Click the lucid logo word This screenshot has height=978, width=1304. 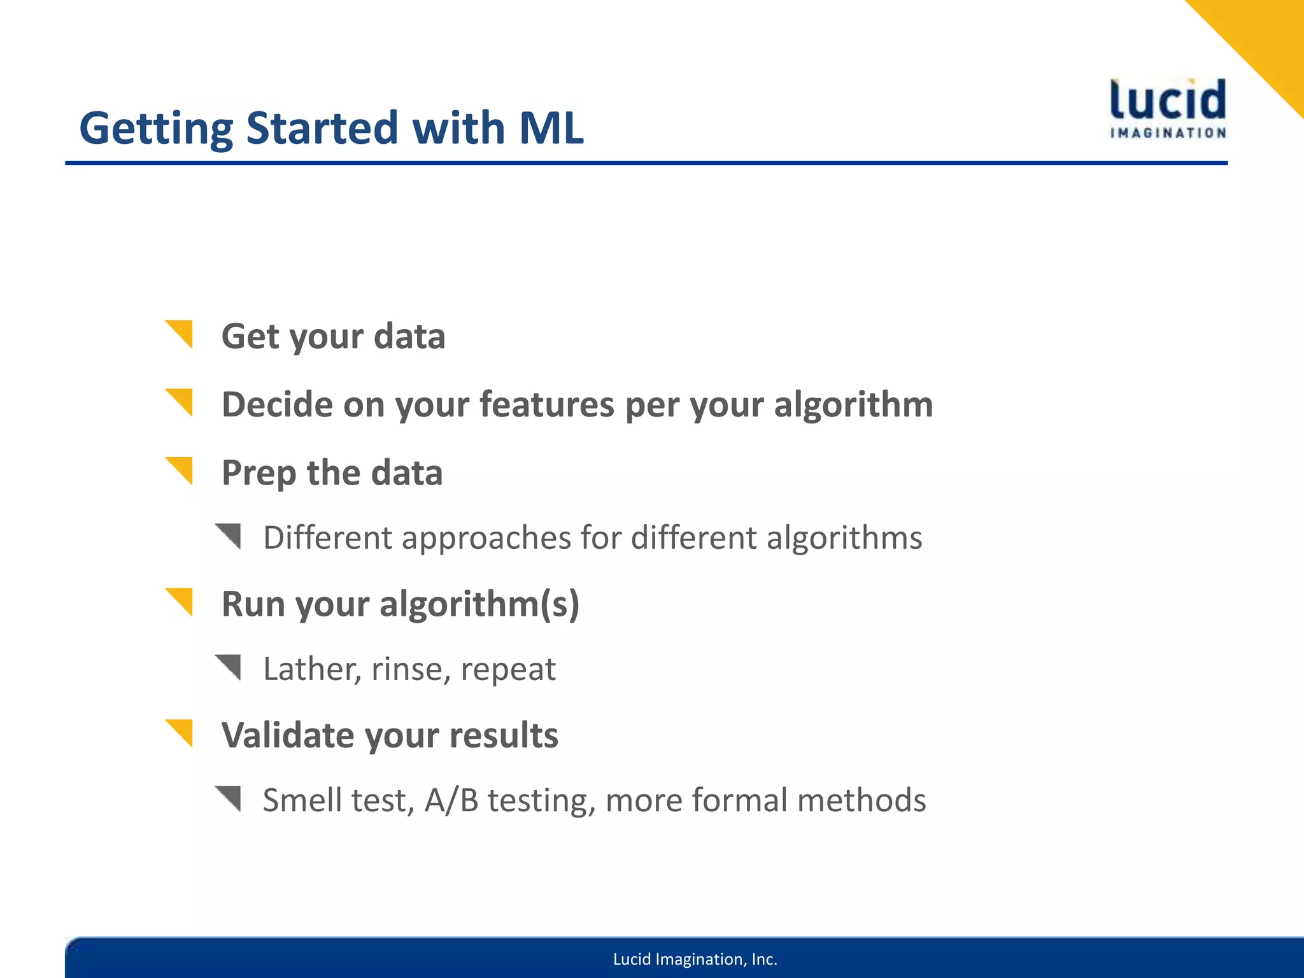click(x=1167, y=100)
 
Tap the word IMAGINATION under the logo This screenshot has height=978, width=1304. click(x=1168, y=133)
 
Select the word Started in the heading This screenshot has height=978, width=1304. click(x=322, y=128)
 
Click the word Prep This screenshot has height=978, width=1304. click(x=258, y=474)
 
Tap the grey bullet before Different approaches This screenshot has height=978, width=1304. click(x=230, y=535)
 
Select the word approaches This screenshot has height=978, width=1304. click(x=486, y=537)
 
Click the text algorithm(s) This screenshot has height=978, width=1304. click(x=479, y=604)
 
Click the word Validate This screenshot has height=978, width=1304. click(x=287, y=735)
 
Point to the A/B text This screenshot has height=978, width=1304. click(x=451, y=800)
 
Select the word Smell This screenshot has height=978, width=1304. click(x=302, y=800)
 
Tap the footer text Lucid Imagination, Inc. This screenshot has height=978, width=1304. click(x=695, y=960)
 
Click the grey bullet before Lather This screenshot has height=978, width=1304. click(x=230, y=666)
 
